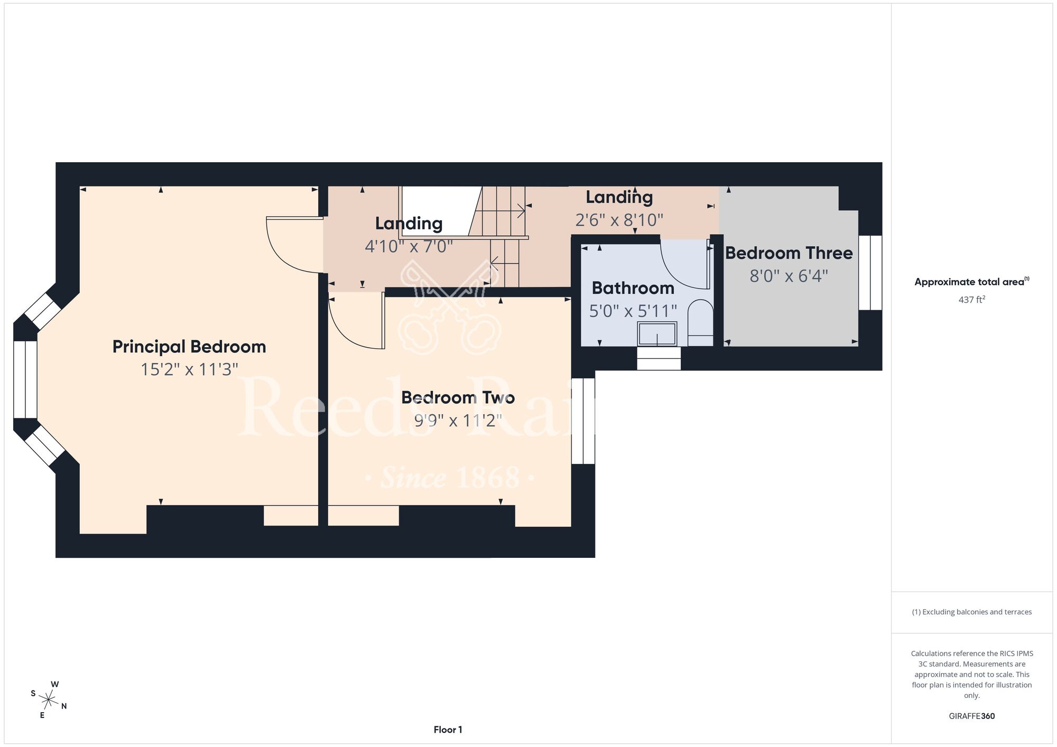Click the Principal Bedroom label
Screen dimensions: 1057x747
pos(189,347)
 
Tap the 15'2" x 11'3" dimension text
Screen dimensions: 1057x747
pos(189,369)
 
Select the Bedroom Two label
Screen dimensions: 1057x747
pos(458,397)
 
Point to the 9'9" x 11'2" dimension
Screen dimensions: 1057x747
pos(458,421)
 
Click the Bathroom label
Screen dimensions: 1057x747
pos(633,288)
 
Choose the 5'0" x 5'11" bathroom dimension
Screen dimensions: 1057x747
pos(633,311)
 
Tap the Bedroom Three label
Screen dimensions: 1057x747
pos(789,253)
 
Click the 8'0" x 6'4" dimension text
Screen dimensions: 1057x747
pos(789,276)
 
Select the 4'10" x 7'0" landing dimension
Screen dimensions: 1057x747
pos(409,246)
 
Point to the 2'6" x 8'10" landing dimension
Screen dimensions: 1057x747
pos(619,220)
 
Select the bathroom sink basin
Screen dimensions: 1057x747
pos(657,334)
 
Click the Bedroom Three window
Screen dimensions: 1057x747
pos(870,273)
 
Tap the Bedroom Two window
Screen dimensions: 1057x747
pos(583,421)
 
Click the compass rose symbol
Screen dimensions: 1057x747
pos(48,701)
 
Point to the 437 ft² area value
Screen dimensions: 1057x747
pos(972,300)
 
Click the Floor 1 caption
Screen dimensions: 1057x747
pos(448,730)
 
